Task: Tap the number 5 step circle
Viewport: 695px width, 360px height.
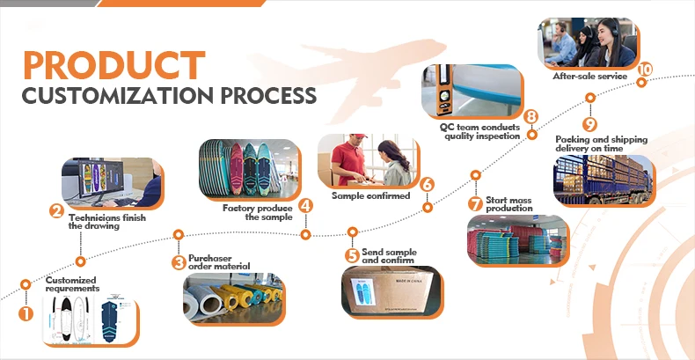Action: (352, 256)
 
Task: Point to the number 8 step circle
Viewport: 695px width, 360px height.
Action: (530, 116)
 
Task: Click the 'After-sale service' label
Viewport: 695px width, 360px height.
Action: (589, 77)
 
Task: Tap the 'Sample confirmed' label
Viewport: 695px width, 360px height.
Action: (370, 195)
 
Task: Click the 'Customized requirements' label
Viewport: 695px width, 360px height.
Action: (72, 284)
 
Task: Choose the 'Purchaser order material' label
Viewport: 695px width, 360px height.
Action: (219, 262)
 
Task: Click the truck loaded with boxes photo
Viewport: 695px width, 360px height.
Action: (603, 181)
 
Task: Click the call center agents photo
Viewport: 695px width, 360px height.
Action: (587, 41)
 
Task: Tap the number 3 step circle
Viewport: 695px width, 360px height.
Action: (179, 261)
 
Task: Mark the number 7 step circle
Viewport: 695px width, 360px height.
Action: (475, 203)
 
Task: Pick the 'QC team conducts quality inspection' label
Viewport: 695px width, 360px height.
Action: (480, 131)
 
